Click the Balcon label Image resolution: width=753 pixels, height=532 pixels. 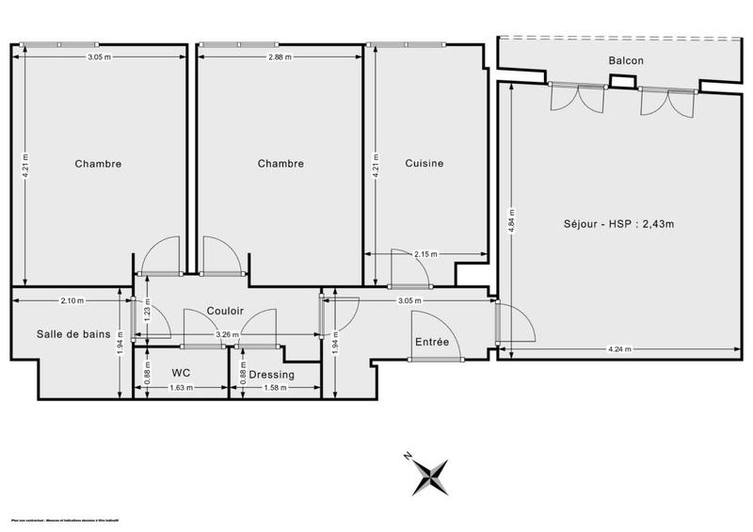pos(626,60)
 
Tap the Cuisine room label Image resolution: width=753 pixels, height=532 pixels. pos(424,163)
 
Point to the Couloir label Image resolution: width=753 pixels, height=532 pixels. pos(226,312)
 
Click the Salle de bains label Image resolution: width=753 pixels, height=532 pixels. pos(73,333)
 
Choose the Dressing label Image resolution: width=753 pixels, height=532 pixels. pos(272,375)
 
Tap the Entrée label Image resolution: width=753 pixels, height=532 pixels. pos(432,343)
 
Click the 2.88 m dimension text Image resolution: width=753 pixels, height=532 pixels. pos(280,57)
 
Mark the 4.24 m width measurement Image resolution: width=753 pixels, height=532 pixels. pos(619,350)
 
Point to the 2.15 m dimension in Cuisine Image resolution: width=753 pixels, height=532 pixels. pos(425,254)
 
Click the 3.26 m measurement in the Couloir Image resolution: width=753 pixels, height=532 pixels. pos(226,335)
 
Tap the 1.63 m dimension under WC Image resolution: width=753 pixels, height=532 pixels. pos(182,388)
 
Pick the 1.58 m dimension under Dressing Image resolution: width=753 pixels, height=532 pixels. pos(275,388)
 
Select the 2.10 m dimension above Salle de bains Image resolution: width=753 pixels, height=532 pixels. pos(72,301)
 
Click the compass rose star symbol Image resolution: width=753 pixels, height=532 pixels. pos(430,476)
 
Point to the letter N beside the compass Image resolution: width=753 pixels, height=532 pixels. pos(409,456)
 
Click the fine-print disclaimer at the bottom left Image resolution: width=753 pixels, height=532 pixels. pos(71,521)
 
